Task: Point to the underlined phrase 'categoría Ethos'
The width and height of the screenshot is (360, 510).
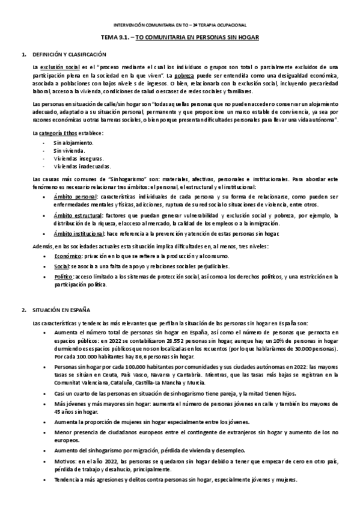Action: [59, 132]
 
